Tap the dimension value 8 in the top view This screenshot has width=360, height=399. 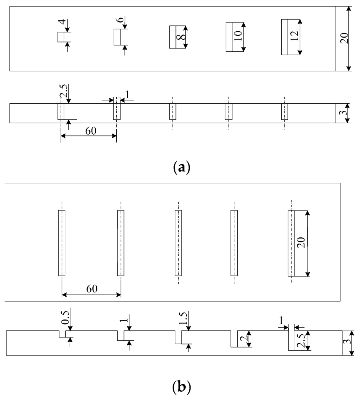click(180, 37)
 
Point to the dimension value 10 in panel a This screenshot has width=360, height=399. click(238, 37)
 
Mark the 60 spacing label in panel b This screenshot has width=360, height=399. click(91, 289)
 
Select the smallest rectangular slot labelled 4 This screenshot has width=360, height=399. click(62, 37)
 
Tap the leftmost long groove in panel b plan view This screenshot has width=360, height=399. click(62, 243)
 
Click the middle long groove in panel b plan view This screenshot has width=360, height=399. click(178, 243)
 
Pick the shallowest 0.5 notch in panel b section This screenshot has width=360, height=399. click(62, 334)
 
